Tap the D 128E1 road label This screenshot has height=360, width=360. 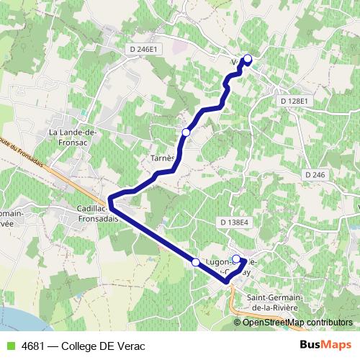pyautogui.click(x=294, y=102)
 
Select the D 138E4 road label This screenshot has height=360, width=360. pyautogui.click(x=235, y=223)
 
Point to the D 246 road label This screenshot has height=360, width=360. pyautogui.click(x=315, y=175)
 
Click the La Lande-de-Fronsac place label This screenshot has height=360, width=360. pyautogui.click(x=73, y=137)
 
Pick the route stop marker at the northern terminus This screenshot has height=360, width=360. pyautogui.click(x=248, y=59)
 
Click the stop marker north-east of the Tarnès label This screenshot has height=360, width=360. pyautogui.click(x=186, y=132)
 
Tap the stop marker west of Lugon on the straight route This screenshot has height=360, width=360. pyautogui.click(x=196, y=262)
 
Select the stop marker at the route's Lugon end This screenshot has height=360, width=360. pyautogui.click(x=236, y=258)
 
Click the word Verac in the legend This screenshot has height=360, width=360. pyautogui.click(x=130, y=346)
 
